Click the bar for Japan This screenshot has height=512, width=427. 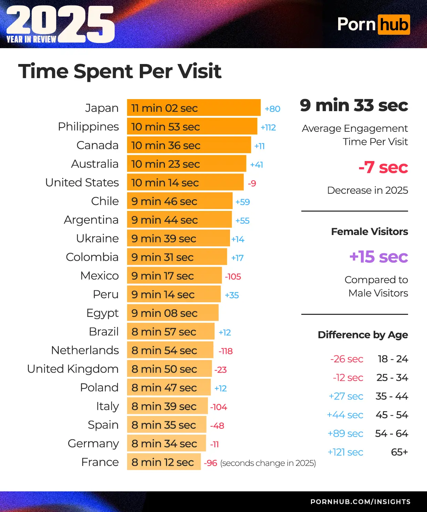point(194,108)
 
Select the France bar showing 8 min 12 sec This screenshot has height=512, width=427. point(164,462)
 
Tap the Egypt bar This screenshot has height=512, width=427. point(173,313)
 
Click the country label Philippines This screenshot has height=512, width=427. point(88,127)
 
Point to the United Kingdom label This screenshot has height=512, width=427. point(73,369)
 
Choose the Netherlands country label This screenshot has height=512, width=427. point(85,350)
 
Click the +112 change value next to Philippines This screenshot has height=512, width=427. point(268,127)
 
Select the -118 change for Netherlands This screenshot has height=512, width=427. point(226,351)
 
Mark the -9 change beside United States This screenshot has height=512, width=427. point(252,183)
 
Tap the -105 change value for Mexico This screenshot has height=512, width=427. point(233,276)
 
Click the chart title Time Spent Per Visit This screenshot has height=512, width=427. point(120,71)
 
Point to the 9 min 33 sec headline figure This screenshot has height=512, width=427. point(354,105)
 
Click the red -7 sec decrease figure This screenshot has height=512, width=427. point(383,168)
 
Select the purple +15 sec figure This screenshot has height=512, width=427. point(378,257)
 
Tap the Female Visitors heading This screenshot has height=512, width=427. point(369,232)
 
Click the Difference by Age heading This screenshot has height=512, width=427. point(363,335)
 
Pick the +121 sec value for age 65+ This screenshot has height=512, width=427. point(345,452)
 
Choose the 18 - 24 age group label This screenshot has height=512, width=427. point(393,359)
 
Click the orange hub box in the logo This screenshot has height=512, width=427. point(394,25)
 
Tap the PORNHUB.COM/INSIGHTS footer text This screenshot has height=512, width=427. point(360,502)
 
